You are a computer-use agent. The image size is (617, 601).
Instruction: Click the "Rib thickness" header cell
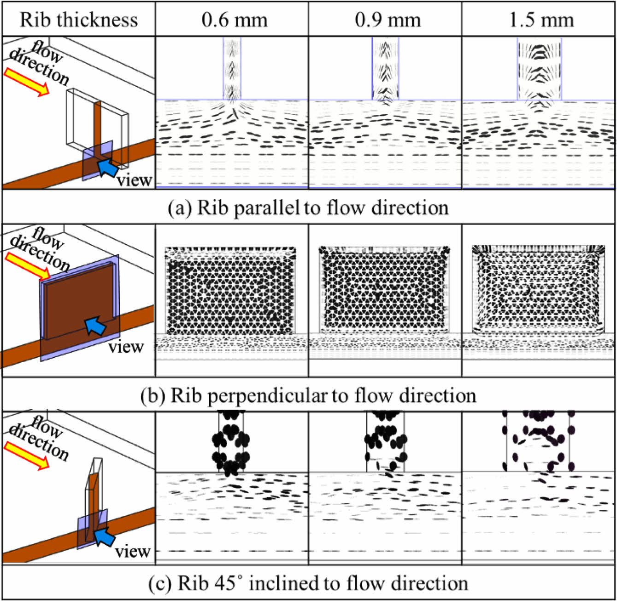(x=78, y=20)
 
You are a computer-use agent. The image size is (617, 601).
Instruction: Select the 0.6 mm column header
(x=234, y=20)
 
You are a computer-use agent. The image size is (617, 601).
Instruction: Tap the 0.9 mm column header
(x=388, y=20)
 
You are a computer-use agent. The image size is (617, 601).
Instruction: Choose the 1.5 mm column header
(x=541, y=20)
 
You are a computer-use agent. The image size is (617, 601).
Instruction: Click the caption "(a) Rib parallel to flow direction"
(x=308, y=208)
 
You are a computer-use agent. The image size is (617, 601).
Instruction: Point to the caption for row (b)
(x=308, y=395)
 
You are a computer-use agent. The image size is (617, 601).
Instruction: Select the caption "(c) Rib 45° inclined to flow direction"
(x=308, y=583)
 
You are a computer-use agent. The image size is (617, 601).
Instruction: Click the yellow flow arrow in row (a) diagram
(x=27, y=82)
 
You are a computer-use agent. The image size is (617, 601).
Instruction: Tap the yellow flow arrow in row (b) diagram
(x=27, y=266)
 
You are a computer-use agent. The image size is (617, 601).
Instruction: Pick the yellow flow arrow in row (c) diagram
(x=27, y=455)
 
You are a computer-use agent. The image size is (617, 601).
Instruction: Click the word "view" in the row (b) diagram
(x=126, y=347)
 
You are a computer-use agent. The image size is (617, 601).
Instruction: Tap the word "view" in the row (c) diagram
(x=132, y=551)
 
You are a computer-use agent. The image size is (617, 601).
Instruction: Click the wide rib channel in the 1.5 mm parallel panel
(x=540, y=69)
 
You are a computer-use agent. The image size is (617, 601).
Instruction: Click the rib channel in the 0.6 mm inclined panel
(x=231, y=442)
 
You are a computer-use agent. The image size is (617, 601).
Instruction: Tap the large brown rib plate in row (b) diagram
(x=78, y=300)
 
